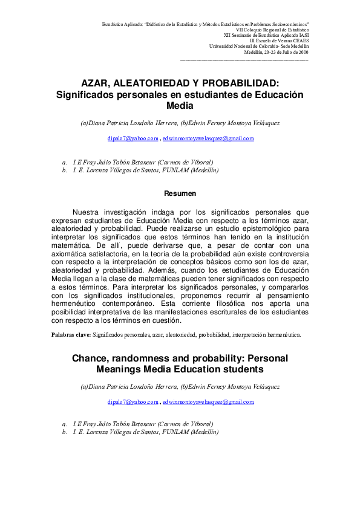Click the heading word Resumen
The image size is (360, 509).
(x=180, y=193)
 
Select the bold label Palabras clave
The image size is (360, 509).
(x=71, y=334)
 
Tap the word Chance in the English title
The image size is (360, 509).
(x=90, y=358)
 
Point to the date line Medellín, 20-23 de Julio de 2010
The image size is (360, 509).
(x=276, y=53)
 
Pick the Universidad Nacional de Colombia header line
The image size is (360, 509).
(x=259, y=47)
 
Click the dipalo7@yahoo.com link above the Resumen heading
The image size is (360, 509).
(x=133, y=138)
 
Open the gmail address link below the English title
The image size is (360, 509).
(x=208, y=401)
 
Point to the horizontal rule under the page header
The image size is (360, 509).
(x=244, y=60)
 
